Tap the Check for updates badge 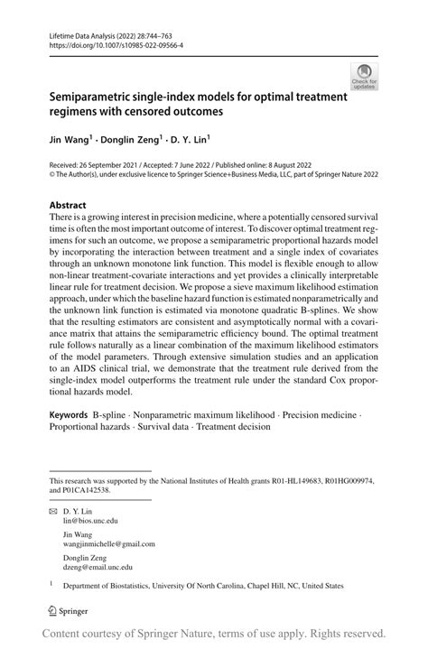click(365, 78)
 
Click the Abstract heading click(68, 206)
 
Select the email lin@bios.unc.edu click(90, 521)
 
